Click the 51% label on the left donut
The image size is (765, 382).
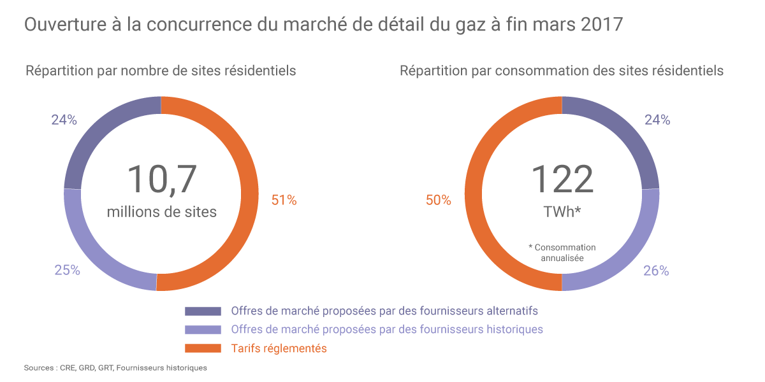(284, 200)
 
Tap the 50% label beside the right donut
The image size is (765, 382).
(438, 201)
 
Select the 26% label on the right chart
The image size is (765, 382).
(656, 271)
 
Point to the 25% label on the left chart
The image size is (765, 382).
(67, 270)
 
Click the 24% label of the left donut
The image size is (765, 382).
(64, 120)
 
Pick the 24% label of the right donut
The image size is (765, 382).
(657, 120)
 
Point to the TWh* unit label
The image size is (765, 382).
(562, 211)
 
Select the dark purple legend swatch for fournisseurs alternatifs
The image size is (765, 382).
(203, 311)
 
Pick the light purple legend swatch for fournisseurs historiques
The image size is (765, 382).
(203, 330)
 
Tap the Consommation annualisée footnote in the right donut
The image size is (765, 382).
(562, 253)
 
